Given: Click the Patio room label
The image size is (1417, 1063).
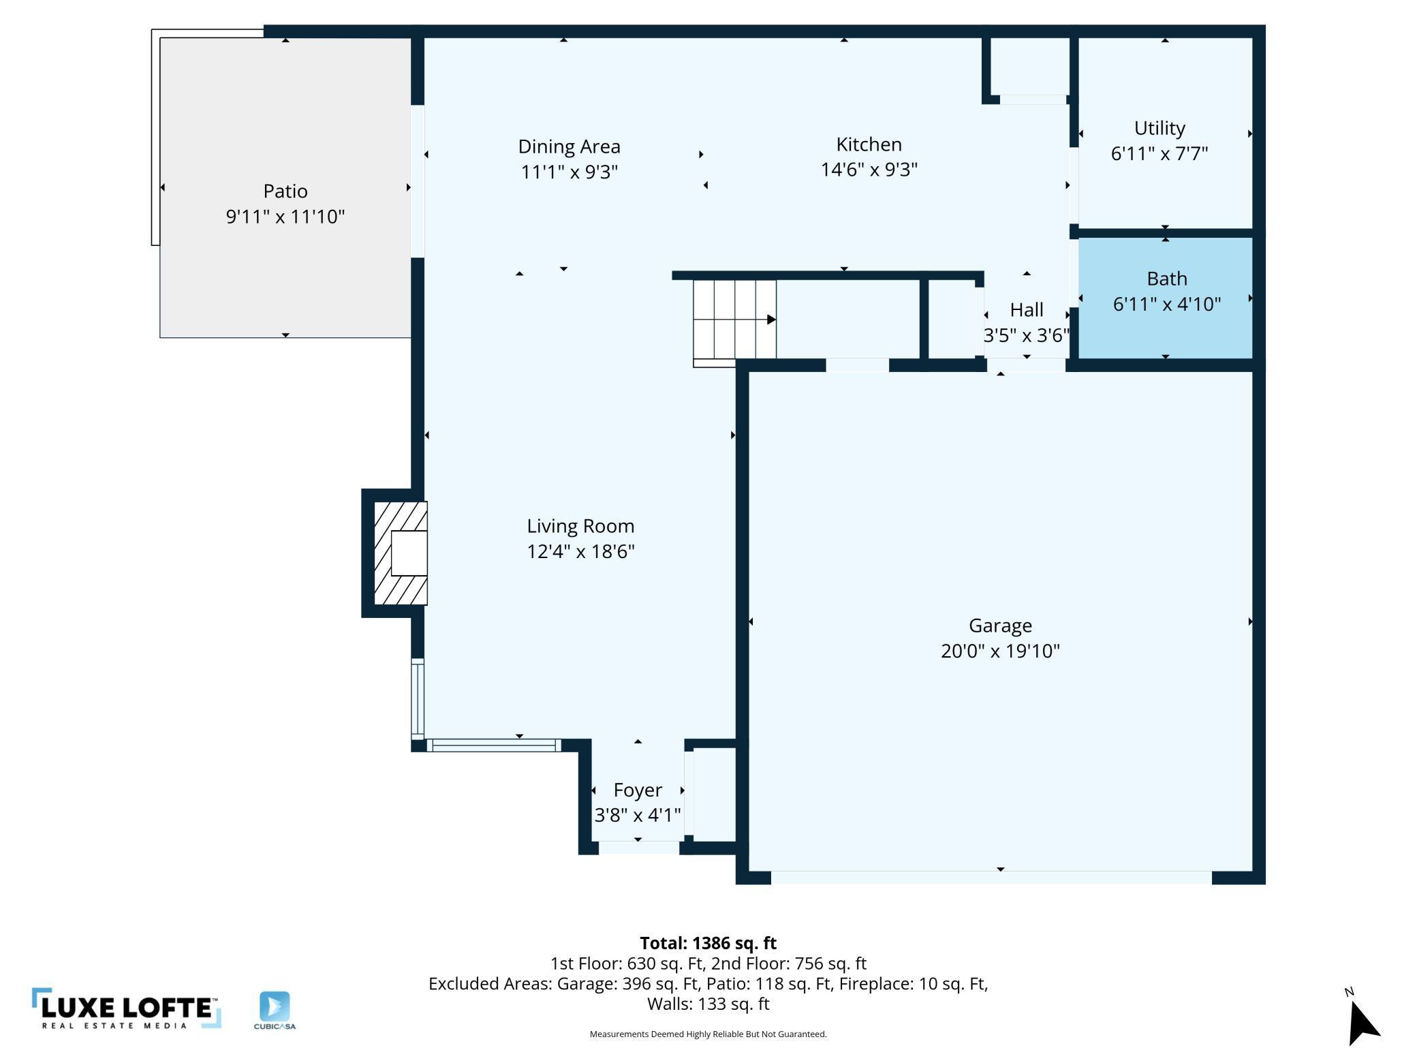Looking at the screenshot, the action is click(x=285, y=191).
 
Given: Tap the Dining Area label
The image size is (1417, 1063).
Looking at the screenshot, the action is click(x=569, y=147).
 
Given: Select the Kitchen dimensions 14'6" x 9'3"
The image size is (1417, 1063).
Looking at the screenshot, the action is click(x=869, y=169).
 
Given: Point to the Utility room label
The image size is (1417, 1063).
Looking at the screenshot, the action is click(x=1159, y=128).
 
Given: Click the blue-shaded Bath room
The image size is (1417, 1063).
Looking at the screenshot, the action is click(x=1166, y=298).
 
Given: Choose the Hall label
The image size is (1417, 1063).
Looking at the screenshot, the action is click(x=1027, y=310).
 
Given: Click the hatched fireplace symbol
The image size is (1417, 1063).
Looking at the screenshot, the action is click(x=401, y=553).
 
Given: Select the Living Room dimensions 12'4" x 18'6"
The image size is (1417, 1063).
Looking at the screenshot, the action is click(x=580, y=551).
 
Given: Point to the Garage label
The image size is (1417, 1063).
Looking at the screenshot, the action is click(x=1000, y=626).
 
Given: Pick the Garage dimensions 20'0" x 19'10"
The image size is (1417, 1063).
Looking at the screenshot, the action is click(x=1000, y=651).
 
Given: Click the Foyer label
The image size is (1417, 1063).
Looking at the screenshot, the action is click(x=638, y=790).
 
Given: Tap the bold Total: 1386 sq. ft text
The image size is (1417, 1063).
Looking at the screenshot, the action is click(x=708, y=943).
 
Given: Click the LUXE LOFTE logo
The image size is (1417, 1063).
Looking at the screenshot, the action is click(x=127, y=1008).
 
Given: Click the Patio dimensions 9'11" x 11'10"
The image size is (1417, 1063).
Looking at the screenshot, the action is click(x=285, y=217).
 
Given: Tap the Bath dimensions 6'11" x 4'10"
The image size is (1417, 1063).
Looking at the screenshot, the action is click(x=1166, y=304).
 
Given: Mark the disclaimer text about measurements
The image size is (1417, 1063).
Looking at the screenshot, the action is click(x=708, y=1034).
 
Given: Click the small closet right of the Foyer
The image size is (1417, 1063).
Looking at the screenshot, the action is click(x=715, y=795).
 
